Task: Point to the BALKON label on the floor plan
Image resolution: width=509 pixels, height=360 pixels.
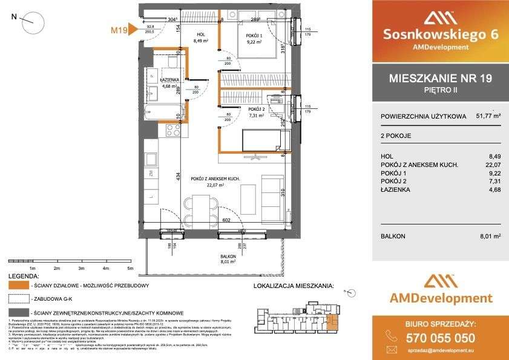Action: click(228, 257)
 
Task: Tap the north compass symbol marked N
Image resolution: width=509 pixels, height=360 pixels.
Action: click(31, 23)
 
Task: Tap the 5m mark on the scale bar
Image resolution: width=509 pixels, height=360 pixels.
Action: click(130, 267)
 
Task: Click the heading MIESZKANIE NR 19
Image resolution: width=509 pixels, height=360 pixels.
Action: click(440, 77)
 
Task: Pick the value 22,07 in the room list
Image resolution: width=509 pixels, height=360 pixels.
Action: click(494, 164)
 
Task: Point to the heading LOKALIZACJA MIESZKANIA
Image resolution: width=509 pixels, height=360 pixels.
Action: click(293, 284)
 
